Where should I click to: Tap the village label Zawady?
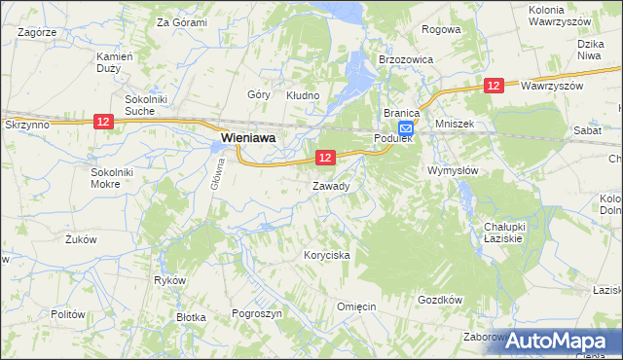tap(331, 185)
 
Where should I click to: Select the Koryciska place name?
tap(326, 255)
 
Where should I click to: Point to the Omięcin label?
tap(356, 306)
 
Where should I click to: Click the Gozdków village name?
tap(438, 300)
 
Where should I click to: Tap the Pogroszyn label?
tap(257, 314)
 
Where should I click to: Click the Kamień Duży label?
tap(115, 61)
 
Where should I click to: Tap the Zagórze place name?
tap(35, 32)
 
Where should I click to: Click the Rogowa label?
tap(440, 30)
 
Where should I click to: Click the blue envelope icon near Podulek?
tap(405, 127)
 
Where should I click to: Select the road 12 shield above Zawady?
tap(325, 157)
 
